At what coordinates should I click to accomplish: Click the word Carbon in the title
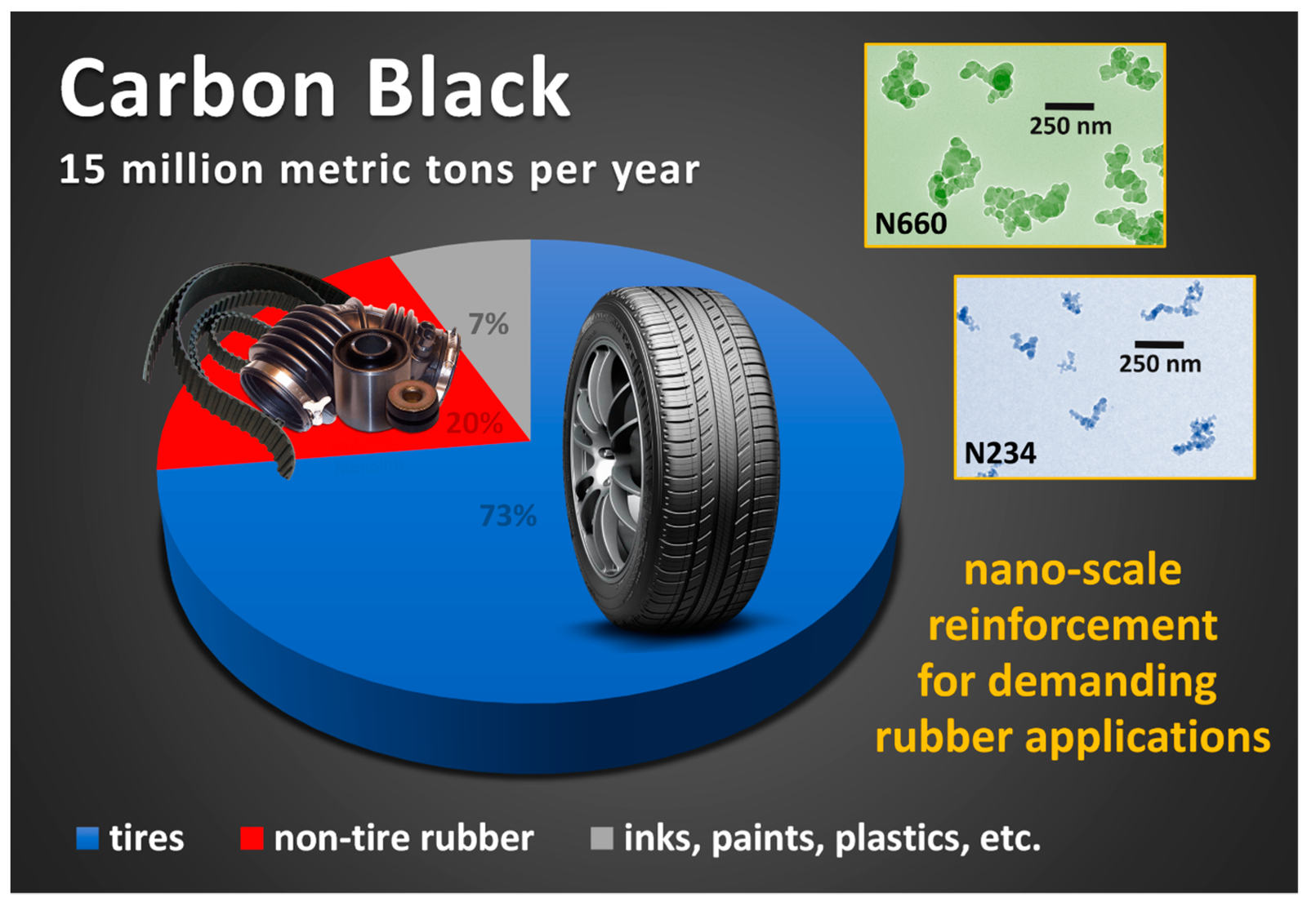[199, 88]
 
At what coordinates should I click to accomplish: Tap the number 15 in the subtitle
[83, 170]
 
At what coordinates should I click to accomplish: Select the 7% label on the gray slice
[488, 324]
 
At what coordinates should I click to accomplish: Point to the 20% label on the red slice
[475, 424]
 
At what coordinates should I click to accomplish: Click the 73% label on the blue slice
[508, 516]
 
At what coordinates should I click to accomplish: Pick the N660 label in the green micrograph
[911, 224]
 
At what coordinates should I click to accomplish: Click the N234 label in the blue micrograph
[1000, 453]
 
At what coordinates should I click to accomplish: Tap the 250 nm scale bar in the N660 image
[1069, 106]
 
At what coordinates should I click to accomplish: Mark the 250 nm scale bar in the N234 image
[1159, 344]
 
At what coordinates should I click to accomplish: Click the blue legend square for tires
[87, 838]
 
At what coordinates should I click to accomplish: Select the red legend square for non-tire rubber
[252, 838]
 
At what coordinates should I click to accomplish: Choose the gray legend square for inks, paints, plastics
[602, 838]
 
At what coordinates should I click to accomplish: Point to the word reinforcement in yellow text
[1073, 625]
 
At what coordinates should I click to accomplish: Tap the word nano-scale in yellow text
[1073, 570]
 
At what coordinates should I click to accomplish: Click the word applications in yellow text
[1148, 738]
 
